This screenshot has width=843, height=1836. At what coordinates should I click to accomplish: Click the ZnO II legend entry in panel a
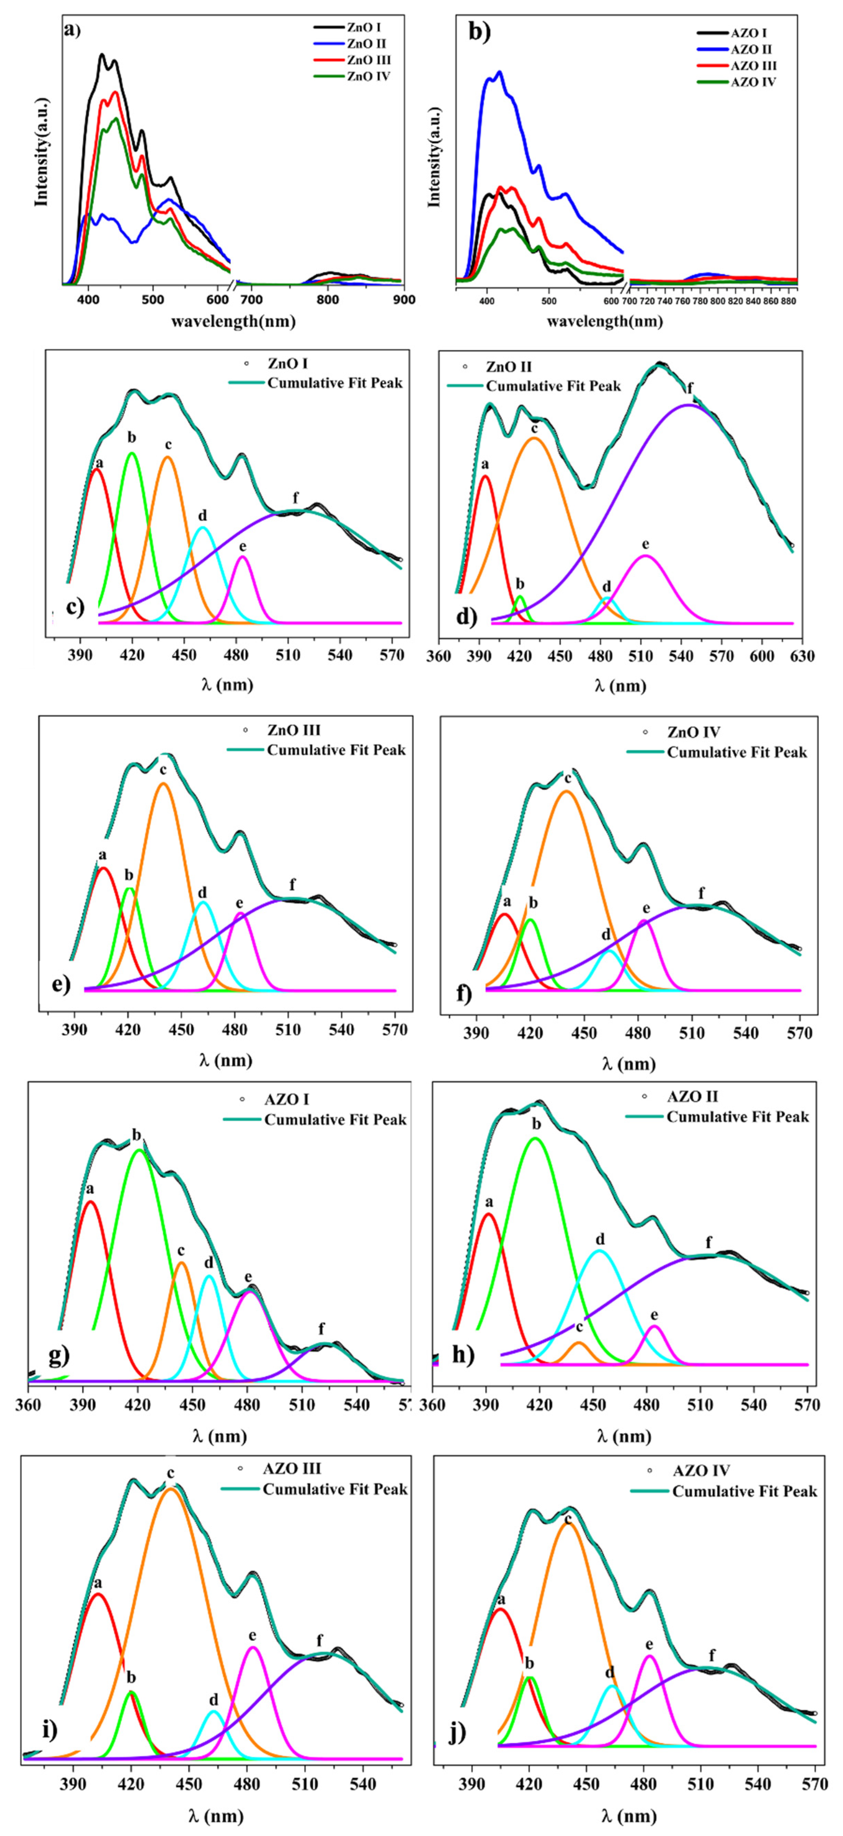(366, 43)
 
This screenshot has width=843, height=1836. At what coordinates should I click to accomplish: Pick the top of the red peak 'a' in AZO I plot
(90, 1202)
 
